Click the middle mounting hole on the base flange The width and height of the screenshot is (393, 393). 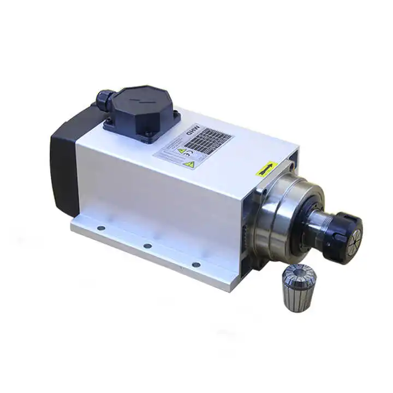(147, 246)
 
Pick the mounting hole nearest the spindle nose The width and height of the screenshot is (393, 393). (195, 265)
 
